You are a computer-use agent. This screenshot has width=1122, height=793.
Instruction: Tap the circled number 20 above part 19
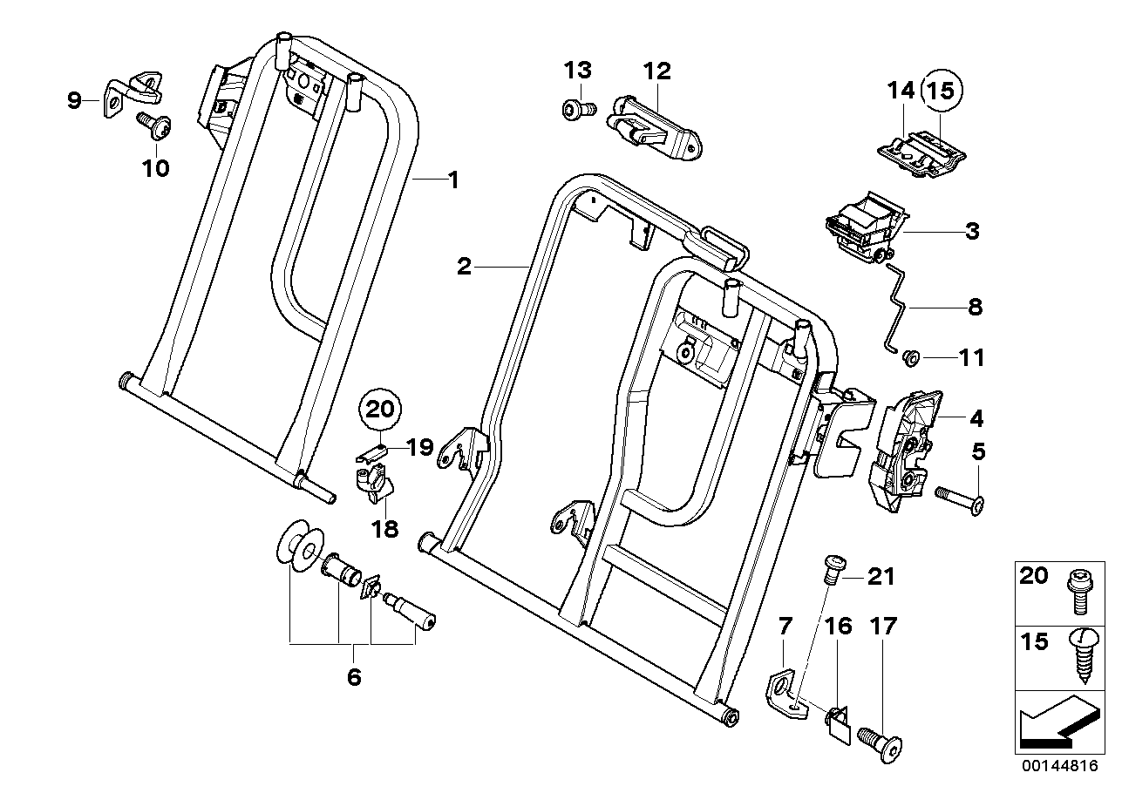click(x=380, y=408)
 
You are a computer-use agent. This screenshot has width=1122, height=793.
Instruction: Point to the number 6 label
click(x=353, y=677)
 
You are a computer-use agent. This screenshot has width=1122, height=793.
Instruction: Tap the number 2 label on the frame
click(x=464, y=267)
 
